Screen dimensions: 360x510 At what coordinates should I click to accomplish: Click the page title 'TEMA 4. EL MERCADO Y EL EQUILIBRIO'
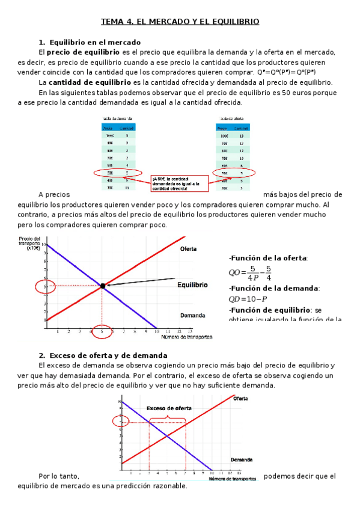coord(180,22)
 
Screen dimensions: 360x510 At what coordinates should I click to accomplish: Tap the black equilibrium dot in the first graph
coord(103,286)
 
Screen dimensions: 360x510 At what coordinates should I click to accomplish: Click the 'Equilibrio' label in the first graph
coord(192,285)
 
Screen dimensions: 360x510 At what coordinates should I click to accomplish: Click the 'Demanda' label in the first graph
coord(192,315)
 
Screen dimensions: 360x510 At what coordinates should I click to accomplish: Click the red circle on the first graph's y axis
coord(46,286)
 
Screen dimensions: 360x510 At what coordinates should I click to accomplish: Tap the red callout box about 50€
coord(179,184)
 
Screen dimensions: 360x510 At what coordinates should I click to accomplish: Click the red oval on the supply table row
coord(234,173)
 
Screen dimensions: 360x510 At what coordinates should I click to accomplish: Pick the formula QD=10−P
coord(248,299)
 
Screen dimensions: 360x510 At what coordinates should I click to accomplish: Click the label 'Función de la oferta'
coord(268,258)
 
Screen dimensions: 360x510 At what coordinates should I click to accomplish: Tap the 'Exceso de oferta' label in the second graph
coord(169,408)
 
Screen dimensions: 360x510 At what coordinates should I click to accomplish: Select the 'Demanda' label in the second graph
coord(241,459)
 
